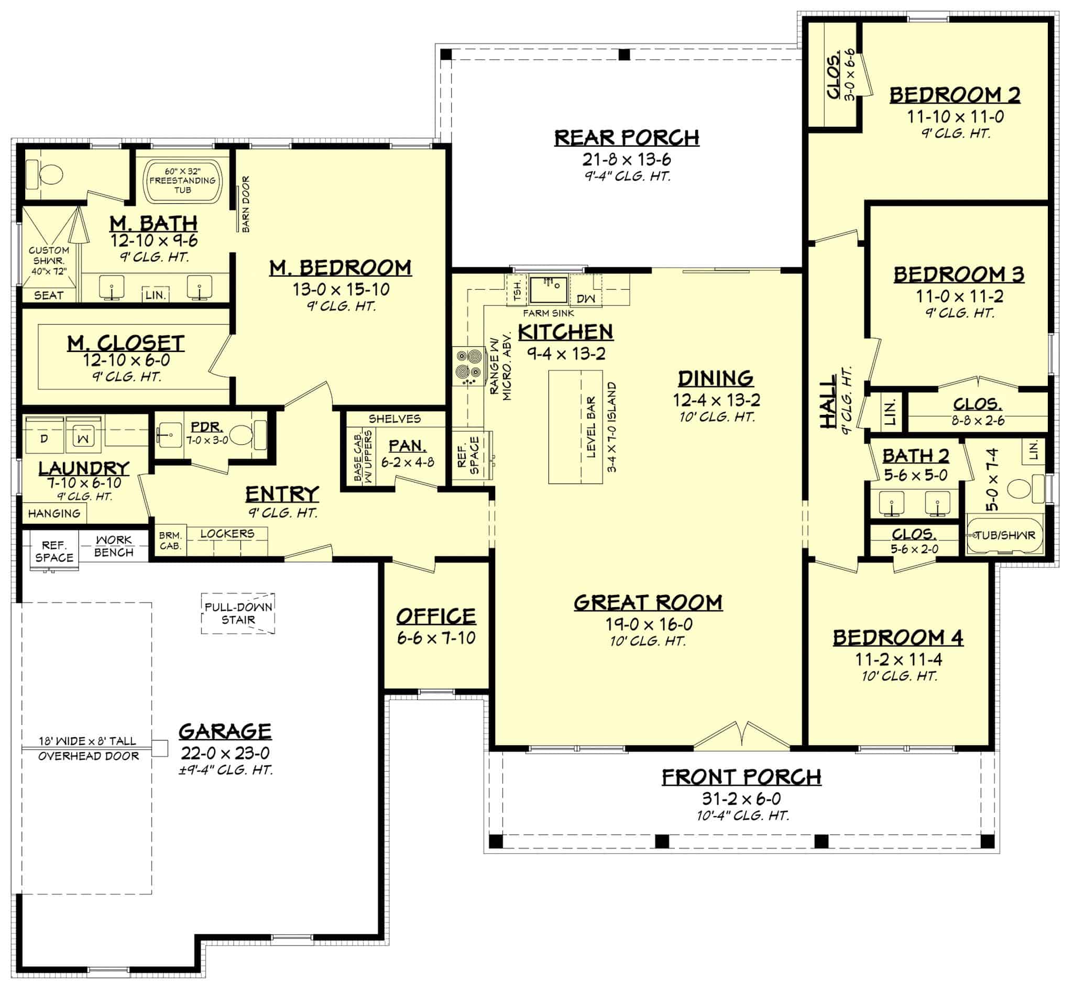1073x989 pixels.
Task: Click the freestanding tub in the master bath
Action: (182, 181)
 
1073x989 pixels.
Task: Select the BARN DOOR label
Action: (246, 204)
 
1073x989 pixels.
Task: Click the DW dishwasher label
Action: (585, 298)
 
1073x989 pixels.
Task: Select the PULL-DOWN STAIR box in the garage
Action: (238, 613)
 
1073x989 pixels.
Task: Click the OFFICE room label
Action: (435, 616)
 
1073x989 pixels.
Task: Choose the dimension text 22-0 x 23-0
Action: (225, 753)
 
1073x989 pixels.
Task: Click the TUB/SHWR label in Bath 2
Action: (1005, 535)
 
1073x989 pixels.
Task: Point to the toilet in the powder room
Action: (242, 435)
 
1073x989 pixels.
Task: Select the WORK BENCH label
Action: (114, 546)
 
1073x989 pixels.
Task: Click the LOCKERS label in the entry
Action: (227, 534)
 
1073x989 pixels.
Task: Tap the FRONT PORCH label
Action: (741, 776)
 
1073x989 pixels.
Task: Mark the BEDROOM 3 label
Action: (958, 274)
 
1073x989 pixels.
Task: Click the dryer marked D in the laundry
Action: (45, 438)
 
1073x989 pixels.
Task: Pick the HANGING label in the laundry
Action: (53, 513)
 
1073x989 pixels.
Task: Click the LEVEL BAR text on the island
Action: (592, 426)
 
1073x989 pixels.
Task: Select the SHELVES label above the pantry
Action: (395, 419)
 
